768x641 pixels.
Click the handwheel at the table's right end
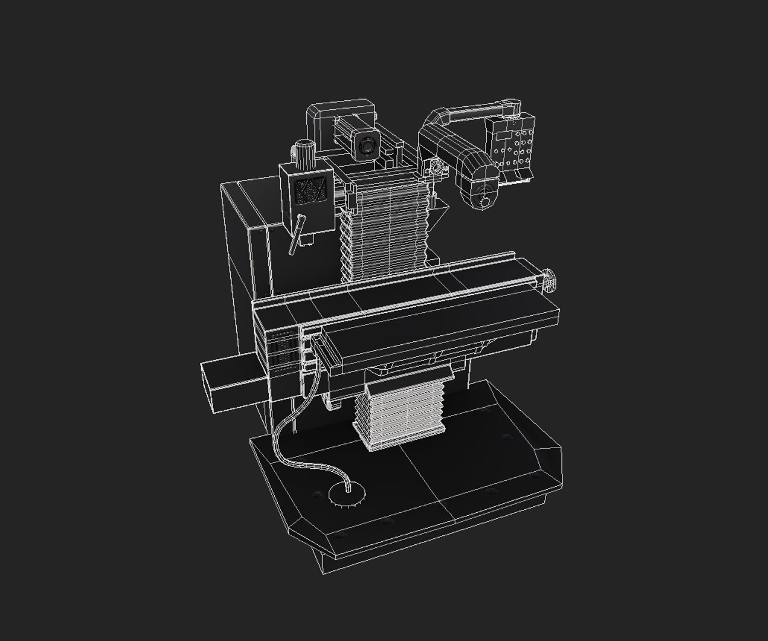pyautogui.click(x=549, y=280)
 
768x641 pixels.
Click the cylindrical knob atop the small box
pyautogui.click(x=304, y=152)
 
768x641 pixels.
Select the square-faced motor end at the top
pyautogui.click(x=368, y=145)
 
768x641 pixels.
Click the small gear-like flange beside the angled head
pyautogui.click(x=437, y=169)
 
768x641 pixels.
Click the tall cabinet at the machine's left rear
pyautogui.click(x=243, y=249)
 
